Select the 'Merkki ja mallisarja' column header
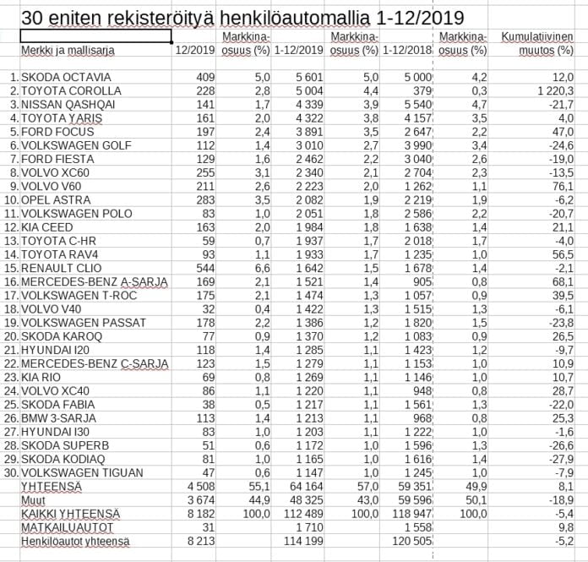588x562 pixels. [68, 51]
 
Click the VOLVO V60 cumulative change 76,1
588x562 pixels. [562, 186]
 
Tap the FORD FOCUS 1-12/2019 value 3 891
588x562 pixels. [297, 131]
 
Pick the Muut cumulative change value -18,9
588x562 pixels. [560, 500]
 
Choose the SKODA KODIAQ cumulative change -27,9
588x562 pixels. [560, 459]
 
